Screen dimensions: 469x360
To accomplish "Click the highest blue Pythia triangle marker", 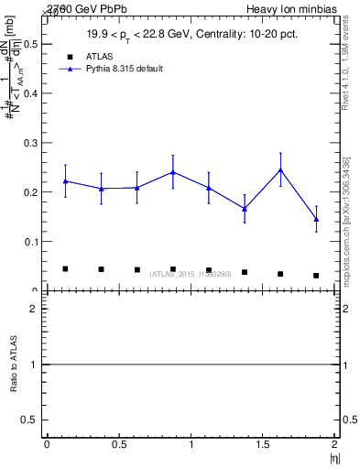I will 280,169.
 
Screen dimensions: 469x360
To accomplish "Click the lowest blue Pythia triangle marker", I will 316,219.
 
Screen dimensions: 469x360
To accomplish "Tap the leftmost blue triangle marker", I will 65,181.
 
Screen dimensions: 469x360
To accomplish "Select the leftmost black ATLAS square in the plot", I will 65,268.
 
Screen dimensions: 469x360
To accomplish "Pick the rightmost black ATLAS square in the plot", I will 316,276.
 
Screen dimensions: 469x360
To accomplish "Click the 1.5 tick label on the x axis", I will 263,444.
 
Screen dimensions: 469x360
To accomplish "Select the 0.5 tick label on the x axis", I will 118,444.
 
